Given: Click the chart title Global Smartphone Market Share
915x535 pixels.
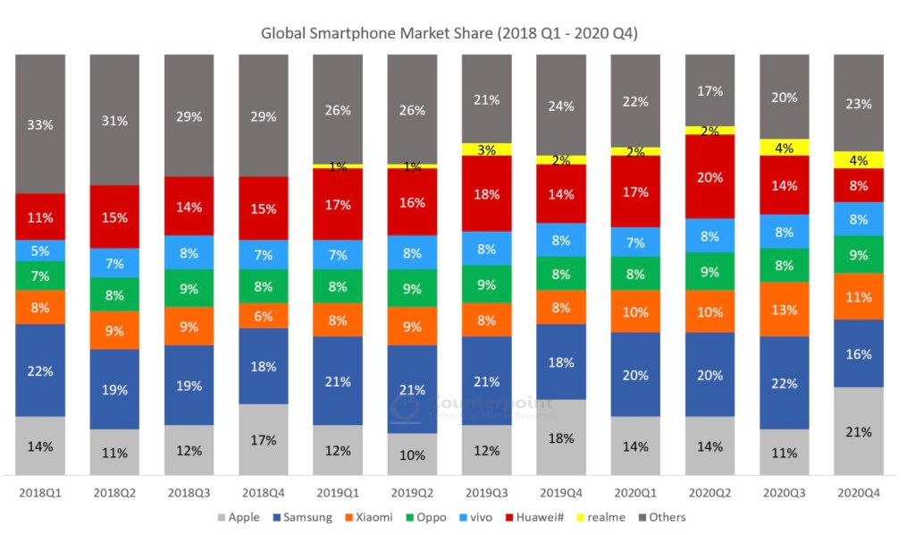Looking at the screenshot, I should point(449,34).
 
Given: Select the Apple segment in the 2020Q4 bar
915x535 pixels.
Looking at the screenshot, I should point(858,431).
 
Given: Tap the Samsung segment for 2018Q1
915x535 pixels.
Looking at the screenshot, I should point(40,369).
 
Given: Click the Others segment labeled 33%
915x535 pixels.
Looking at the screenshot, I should point(40,124).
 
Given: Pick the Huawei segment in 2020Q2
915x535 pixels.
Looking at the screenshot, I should point(709,176).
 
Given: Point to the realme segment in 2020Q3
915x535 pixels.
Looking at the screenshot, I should point(784,148).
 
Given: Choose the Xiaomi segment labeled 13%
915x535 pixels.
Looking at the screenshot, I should point(784,310).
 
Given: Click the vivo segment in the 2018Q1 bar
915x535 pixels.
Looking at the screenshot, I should point(40,251).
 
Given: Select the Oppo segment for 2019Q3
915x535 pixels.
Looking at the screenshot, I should point(486,285).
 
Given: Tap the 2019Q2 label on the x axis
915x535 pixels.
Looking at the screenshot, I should point(412,492).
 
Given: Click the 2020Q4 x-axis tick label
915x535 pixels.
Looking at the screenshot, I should point(858,492).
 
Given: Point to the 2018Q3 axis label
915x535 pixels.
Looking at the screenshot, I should point(189,492).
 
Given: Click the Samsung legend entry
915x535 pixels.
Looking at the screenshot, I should point(305,517).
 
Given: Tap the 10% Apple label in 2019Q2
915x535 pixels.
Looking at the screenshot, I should point(412,454).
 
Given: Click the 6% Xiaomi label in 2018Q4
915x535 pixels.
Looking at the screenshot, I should point(263,315).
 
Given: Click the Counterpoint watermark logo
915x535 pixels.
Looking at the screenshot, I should point(407,407).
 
